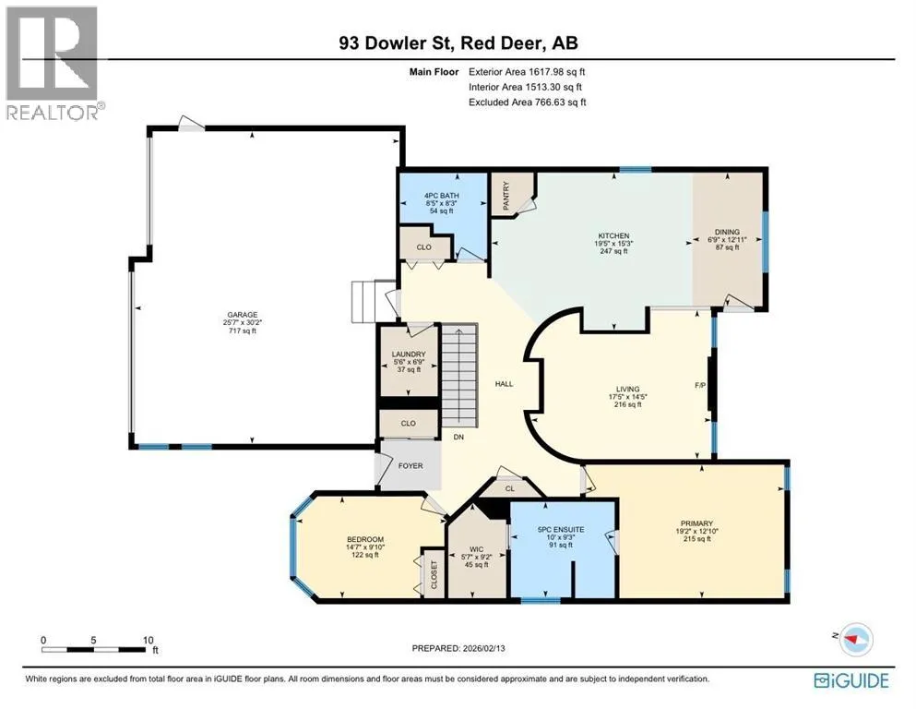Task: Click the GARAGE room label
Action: [x=243, y=315]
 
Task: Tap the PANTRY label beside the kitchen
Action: [x=506, y=196]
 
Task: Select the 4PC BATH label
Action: [x=442, y=196]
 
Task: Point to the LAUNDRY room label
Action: [x=409, y=354]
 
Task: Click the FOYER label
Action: [x=410, y=466]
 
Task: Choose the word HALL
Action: [x=505, y=384]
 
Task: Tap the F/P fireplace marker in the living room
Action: [x=700, y=386]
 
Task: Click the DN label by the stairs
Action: [x=458, y=437]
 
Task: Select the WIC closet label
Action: [x=477, y=549]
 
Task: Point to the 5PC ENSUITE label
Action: [x=561, y=530]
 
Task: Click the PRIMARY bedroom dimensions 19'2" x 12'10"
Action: [x=697, y=532]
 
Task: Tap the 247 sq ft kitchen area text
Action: [x=613, y=251]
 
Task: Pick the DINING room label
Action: [x=727, y=232]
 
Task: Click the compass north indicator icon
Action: [x=855, y=639]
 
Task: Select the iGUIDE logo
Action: [x=851, y=681]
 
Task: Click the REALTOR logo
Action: [x=53, y=63]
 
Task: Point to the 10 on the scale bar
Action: [x=149, y=640]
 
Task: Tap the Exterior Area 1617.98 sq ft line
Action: [x=527, y=72]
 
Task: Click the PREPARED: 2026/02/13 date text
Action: [x=458, y=648]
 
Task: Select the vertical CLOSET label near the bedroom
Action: [x=434, y=574]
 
